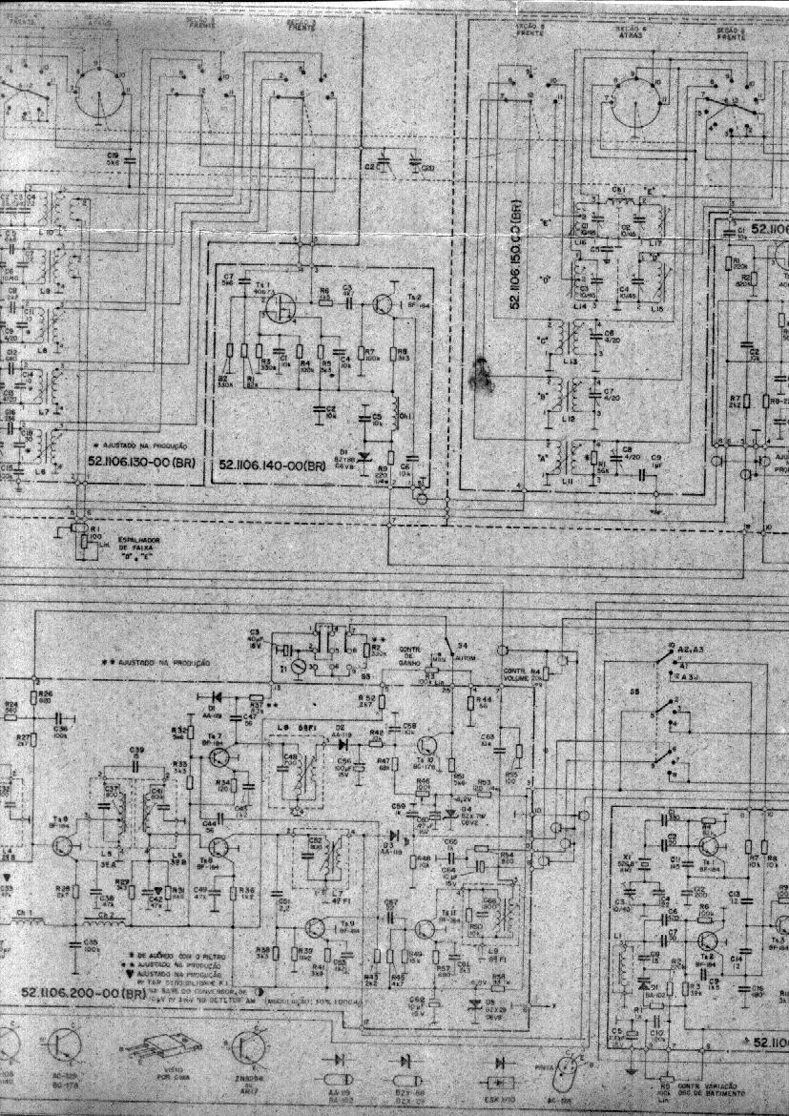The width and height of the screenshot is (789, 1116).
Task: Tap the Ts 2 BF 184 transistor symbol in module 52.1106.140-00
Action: (384, 304)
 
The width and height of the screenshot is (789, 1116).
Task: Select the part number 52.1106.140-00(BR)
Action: (273, 464)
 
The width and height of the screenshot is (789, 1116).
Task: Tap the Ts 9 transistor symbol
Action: (316, 927)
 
